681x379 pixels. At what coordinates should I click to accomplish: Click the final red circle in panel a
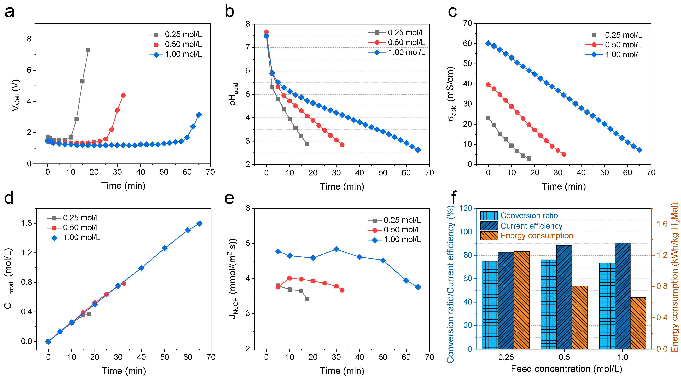(123, 95)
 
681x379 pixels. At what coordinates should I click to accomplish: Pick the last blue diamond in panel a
(199, 115)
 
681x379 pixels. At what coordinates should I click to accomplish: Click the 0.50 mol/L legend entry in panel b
(397, 43)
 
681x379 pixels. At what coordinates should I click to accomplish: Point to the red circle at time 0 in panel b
(266, 32)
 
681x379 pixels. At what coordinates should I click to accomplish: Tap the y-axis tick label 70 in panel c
(467, 23)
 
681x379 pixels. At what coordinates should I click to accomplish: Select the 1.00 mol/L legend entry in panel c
(613, 55)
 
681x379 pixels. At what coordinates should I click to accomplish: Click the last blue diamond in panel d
(200, 224)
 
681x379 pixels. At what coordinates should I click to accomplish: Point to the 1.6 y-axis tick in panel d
(26, 223)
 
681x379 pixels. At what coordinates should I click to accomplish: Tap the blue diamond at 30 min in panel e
(336, 249)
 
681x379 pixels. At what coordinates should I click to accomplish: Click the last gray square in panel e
(307, 299)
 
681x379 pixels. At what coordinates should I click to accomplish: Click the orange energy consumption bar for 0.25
(521, 301)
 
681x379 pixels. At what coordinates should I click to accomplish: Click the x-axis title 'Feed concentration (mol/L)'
(566, 369)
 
